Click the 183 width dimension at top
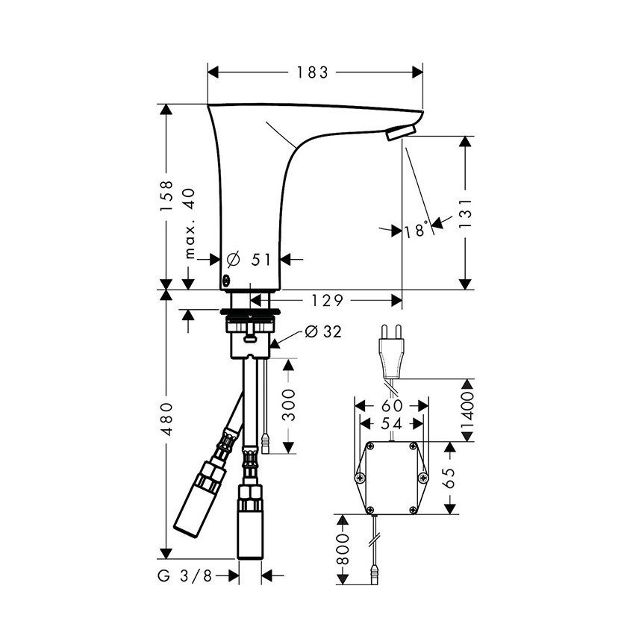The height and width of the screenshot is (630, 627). point(312,72)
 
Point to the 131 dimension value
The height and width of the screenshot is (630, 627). point(467,212)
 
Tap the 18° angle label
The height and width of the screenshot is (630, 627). point(417,229)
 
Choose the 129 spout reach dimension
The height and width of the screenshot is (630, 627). point(327,300)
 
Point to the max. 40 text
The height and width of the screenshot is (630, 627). point(189,223)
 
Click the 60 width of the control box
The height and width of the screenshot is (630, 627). point(392,405)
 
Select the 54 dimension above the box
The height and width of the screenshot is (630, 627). point(392,422)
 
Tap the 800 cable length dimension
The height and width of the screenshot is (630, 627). point(343,549)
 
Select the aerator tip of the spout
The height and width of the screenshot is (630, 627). point(398,134)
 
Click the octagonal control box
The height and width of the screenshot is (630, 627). point(391,477)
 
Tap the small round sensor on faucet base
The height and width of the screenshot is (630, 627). point(225,281)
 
